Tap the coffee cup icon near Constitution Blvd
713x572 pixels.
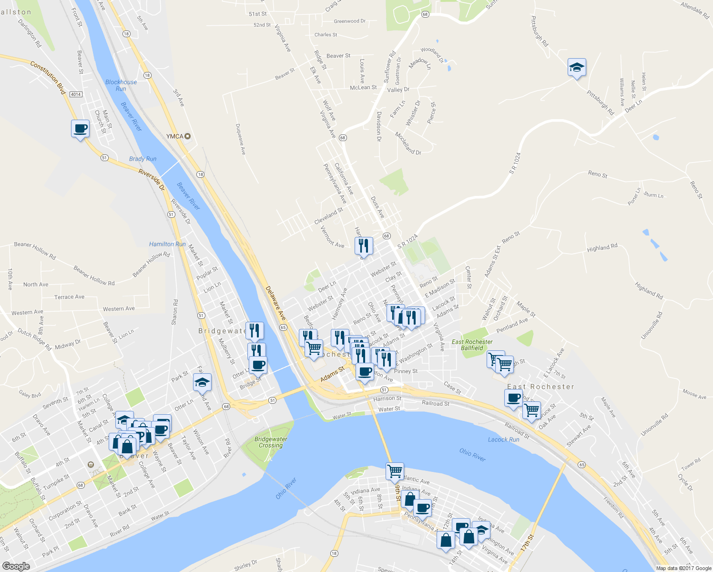80,129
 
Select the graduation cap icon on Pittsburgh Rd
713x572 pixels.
577,68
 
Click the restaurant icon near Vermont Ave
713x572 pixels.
364,246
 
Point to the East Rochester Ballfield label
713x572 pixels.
472,345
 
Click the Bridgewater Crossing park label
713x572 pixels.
271,442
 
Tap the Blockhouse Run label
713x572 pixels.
121,85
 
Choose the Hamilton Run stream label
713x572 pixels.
167,244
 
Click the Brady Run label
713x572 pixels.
143,159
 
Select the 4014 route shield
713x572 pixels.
76,94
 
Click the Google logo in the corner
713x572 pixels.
16,566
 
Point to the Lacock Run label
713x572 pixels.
503,439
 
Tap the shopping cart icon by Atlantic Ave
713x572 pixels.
395,471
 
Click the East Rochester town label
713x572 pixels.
540,387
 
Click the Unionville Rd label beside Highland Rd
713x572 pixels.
652,326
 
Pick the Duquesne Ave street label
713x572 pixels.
241,139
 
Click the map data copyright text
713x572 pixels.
683,568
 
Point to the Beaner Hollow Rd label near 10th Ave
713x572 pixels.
35,250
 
